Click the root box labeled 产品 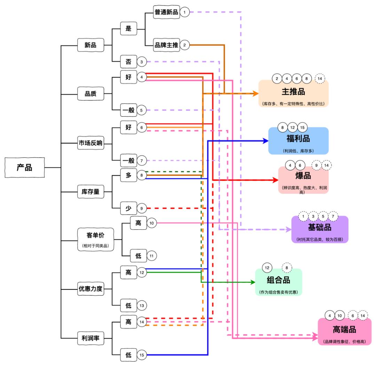[x=25, y=167]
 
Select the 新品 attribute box [x=91, y=45]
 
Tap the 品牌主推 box [x=166, y=45]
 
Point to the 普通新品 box [x=166, y=12]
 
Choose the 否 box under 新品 [x=128, y=62]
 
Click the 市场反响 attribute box [x=91, y=143]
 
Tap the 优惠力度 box [x=91, y=288]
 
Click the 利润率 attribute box [x=91, y=338]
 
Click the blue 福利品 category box [x=298, y=141]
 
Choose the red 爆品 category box [x=303, y=180]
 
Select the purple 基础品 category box [x=319, y=230]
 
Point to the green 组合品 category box [x=278, y=282]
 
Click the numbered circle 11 [x=151, y=256]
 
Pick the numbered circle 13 [x=142, y=305]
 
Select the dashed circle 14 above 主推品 [x=320, y=79]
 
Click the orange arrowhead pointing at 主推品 [x=256, y=94]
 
